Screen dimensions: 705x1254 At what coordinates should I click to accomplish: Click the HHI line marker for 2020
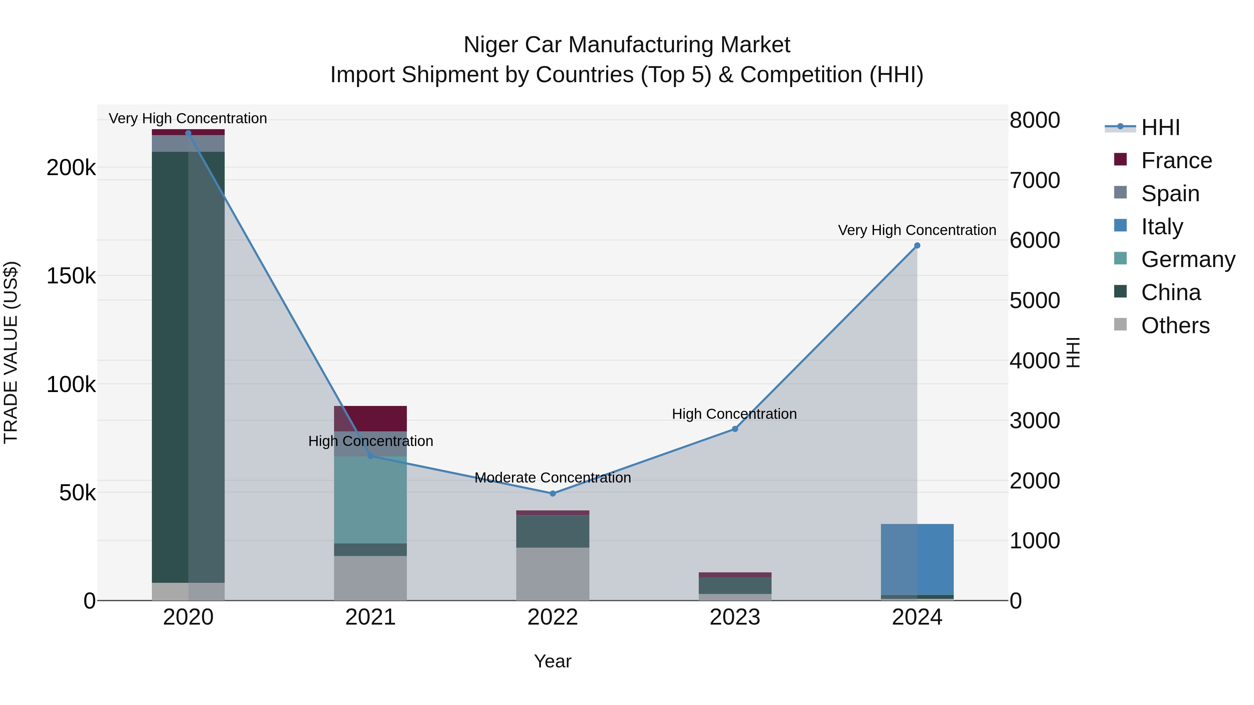pos(188,133)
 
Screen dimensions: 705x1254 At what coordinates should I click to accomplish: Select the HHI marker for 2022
pos(552,493)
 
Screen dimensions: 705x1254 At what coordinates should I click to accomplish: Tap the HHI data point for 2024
pos(917,246)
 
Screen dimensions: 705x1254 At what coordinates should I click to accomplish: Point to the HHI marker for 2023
pos(735,429)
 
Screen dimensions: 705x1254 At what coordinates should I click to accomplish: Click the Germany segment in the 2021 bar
pos(371,500)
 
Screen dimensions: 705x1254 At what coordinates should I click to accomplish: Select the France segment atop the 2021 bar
pos(371,418)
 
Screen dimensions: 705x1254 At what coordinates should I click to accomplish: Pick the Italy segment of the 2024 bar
pos(917,559)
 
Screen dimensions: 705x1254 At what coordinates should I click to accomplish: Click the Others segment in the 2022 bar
pos(552,574)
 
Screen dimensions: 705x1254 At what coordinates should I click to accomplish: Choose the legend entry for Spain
pos(1170,193)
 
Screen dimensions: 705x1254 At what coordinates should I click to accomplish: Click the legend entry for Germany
pos(1187,259)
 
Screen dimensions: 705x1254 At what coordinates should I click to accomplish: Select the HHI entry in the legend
pos(1160,127)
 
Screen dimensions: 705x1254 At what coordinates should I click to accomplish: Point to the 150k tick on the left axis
pos(71,276)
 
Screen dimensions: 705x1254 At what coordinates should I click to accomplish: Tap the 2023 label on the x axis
pos(735,617)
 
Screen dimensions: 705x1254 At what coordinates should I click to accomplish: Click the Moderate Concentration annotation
pos(552,478)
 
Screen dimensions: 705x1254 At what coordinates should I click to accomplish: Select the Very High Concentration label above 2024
pos(917,230)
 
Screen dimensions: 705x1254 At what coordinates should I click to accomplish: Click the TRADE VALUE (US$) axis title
pos(11,352)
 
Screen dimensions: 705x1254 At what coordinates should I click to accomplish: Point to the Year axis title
pos(552,661)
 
